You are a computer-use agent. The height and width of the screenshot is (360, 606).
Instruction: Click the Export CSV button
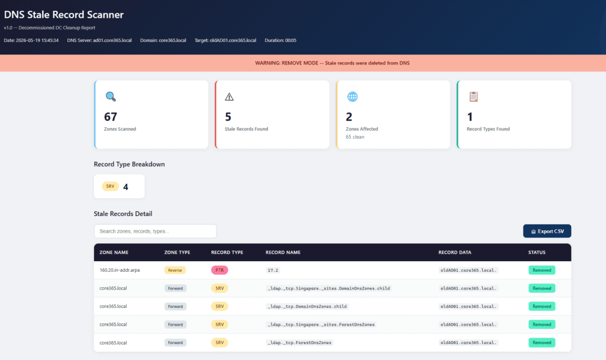[547, 232]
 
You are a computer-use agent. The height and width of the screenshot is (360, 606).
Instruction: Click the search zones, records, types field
[155, 232]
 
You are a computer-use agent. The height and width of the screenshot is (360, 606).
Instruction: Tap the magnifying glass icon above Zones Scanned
[111, 97]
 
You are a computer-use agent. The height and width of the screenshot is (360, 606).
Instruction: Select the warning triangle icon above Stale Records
[229, 97]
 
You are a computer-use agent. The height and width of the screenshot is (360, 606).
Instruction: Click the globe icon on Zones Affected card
[353, 97]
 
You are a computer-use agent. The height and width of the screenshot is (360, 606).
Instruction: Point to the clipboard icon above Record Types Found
[473, 97]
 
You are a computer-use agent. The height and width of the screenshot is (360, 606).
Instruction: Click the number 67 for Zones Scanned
[111, 117]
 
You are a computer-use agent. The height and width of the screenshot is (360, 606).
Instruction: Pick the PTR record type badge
[220, 270]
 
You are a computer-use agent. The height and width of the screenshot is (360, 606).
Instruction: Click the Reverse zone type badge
[175, 270]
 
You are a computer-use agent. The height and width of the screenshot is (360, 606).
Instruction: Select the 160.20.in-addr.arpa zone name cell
[120, 270]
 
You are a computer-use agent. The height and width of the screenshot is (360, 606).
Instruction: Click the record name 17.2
[273, 270]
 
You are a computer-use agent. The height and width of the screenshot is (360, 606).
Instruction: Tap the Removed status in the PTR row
[542, 270]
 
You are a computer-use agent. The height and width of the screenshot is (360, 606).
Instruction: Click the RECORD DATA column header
[455, 252]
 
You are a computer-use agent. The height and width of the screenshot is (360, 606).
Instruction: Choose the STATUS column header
[537, 252]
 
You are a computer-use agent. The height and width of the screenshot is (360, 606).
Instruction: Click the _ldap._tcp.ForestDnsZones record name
[299, 343]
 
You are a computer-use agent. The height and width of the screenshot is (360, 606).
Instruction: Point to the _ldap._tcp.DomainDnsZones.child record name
[307, 306]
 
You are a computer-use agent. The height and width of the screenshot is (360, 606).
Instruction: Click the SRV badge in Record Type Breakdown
[110, 187]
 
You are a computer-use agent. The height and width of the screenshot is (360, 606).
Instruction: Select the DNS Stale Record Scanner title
[64, 15]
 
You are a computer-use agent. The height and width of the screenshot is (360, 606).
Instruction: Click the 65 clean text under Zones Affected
[355, 137]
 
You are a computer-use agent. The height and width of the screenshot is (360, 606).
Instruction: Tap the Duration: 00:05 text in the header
[281, 40]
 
